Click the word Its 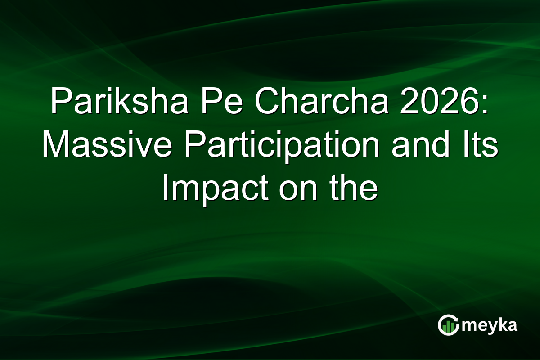tap(476, 147)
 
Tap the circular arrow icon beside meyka tap(449, 325)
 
